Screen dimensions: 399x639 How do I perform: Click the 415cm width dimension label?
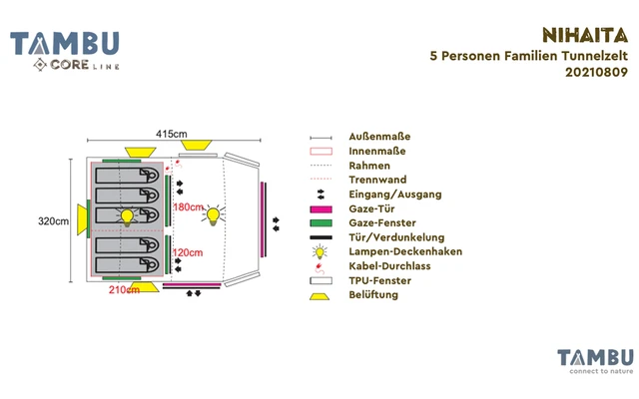[171, 134]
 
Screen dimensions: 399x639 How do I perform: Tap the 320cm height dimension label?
[53, 221]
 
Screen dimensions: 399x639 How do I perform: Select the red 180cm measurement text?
[189, 207]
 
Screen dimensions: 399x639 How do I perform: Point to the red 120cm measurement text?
[188, 253]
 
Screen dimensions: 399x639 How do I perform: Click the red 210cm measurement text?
[124, 291]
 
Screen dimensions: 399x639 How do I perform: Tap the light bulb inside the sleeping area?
[128, 216]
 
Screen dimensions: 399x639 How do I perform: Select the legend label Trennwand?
[371, 180]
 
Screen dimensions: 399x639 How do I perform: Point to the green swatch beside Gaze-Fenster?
[320, 223]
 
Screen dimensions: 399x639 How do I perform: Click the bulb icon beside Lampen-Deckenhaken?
[320, 252]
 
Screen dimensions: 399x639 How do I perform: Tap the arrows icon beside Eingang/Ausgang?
[320, 195]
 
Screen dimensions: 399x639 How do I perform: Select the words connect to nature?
[595, 371]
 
